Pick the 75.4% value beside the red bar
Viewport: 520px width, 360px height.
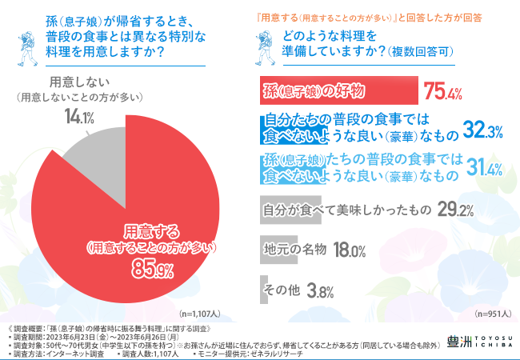[444, 90]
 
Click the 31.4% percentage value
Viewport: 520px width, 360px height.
[482, 168]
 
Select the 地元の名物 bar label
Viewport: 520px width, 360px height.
[294, 249]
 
